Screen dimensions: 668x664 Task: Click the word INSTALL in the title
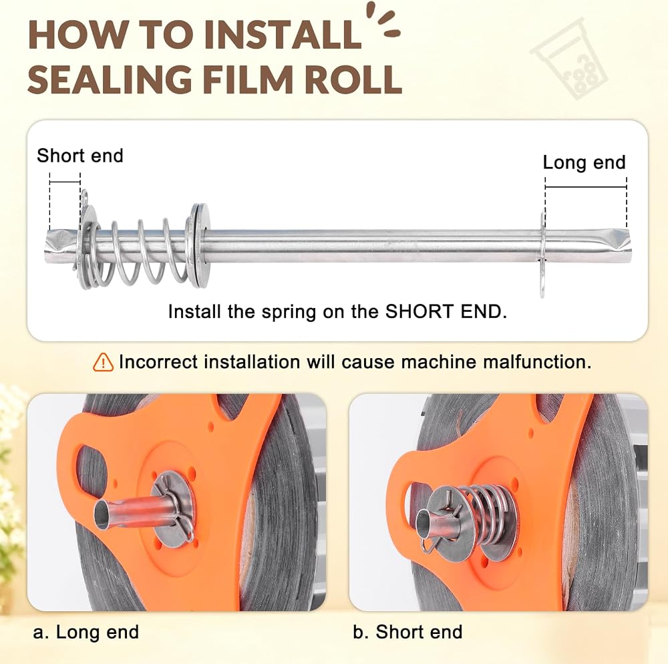click(283, 35)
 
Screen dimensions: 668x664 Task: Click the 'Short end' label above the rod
click(80, 156)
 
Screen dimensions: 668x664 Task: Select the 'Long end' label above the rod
click(584, 162)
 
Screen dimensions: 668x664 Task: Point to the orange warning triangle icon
click(103, 362)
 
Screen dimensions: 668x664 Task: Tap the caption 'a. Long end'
click(86, 632)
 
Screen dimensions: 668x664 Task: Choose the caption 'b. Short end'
click(407, 632)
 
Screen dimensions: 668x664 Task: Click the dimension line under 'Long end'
click(586, 187)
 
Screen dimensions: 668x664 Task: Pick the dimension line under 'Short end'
click(65, 182)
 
